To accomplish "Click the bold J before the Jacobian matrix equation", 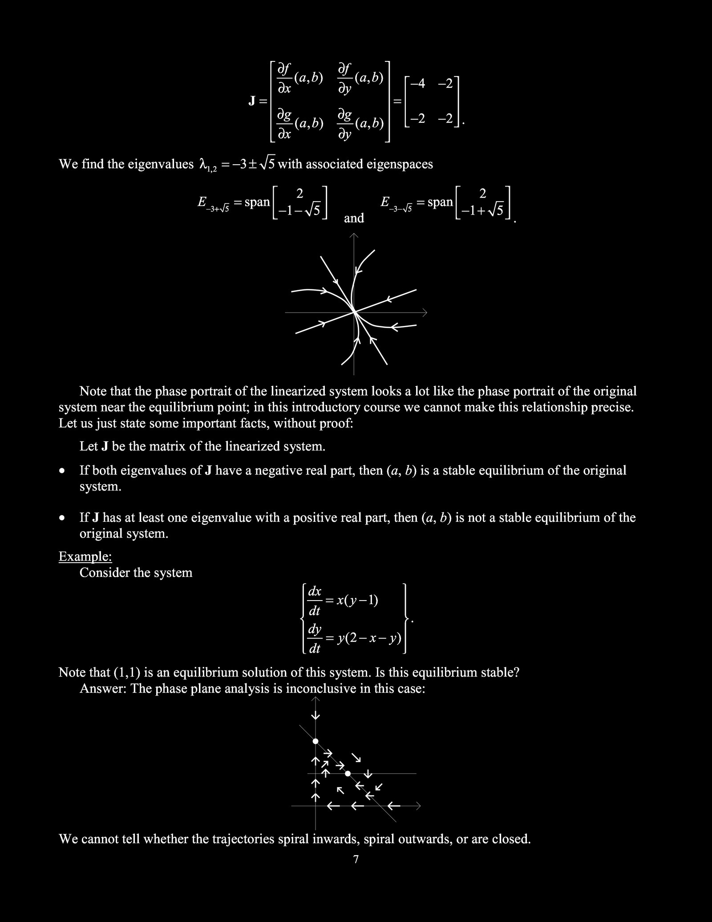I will coord(252,102).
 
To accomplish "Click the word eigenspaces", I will coord(399,164).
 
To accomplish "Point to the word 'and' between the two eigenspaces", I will coord(354,218).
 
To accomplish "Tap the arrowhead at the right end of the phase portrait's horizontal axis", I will coord(424,313).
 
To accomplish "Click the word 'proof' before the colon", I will coord(336,423).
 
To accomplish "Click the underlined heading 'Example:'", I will coord(85,556).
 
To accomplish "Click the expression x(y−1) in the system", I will coord(357,600).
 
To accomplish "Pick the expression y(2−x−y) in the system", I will coord(369,638).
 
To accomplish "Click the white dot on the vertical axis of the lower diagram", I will coord(316,741).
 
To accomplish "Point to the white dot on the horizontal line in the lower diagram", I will coord(348,774).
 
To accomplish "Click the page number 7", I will coord(356,860).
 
